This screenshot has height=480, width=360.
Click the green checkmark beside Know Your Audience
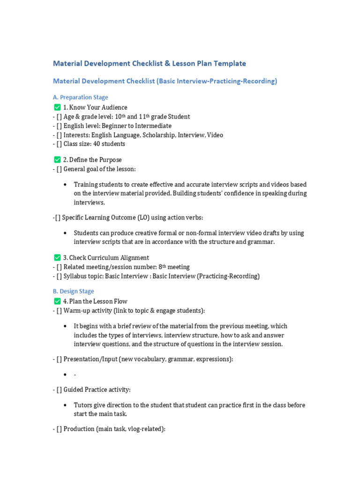[x=57, y=107]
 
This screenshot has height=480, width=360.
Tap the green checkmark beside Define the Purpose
[x=57, y=160]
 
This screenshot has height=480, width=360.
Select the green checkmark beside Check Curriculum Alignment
[x=57, y=257]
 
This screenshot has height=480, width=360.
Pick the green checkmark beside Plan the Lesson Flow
[x=57, y=301]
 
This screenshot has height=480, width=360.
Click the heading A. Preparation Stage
[x=80, y=97]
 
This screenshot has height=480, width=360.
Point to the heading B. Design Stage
[x=73, y=291]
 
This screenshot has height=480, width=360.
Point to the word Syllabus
[x=75, y=276]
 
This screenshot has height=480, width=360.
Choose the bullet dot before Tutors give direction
[x=64, y=405]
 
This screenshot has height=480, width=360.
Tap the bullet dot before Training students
[x=64, y=185]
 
